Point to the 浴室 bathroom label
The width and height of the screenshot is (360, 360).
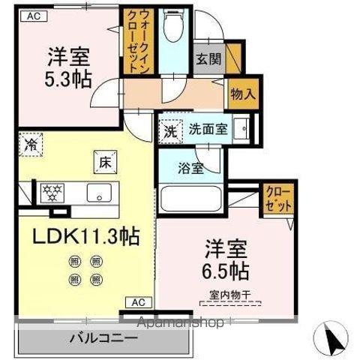click(190, 169)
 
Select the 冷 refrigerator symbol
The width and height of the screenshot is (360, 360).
click(31, 142)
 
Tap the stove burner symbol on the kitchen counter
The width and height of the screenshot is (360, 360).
click(53, 193)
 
